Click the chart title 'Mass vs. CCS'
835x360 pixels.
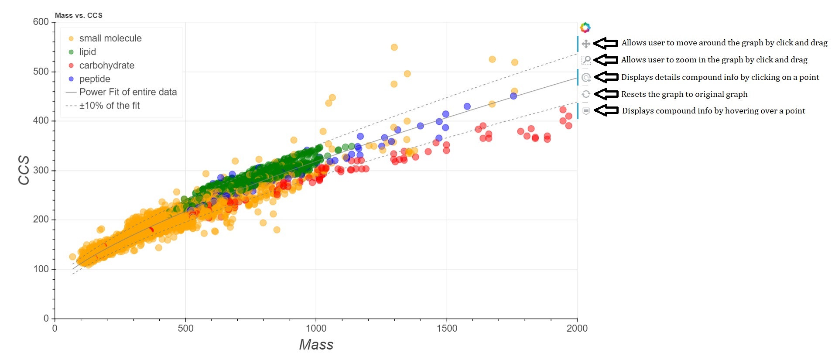(79, 16)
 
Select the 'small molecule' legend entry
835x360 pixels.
(110, 38)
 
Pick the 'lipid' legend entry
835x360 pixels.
(87, 52)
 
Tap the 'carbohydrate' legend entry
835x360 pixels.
(106, 65)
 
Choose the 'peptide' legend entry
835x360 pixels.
(95, 79)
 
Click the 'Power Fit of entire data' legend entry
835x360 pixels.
(128, 92)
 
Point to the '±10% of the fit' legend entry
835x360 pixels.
(109, 106)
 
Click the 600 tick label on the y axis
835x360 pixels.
(41, 22)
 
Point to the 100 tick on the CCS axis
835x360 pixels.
(41, 269)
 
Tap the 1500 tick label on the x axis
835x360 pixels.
(447, 329)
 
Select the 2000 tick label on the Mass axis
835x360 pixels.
(577, 329)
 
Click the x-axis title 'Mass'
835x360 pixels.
(316, 345)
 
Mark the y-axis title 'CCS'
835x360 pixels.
(24, 170)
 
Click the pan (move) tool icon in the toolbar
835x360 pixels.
(586, 44)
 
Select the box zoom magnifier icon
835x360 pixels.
(586, 60)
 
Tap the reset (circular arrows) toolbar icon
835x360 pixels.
(586, 94)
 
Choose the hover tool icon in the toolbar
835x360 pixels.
(586, 111)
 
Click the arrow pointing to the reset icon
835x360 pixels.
(606, 94)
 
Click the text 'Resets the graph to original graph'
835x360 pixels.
(684, 94)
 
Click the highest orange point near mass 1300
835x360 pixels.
(394, 47)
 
